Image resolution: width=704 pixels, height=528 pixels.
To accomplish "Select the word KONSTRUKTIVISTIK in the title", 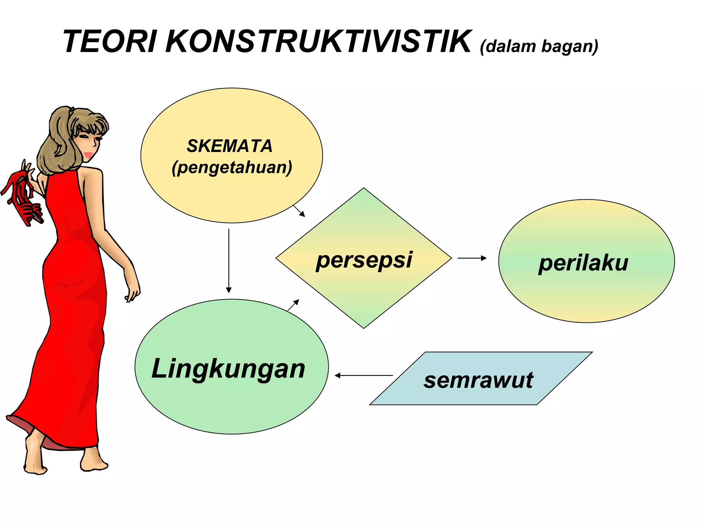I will pyautogui.click(x=318, y=42).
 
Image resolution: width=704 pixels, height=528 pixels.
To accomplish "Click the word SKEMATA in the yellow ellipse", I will pyautogui.click(x=230, y=146).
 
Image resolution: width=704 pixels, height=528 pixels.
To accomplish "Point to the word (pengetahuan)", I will pyautogui.click(x=232, y=167).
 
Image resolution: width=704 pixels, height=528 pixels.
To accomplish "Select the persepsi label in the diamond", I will pyautogui.click(x=364, y=260).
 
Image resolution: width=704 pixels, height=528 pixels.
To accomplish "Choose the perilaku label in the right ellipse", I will pyautogui.click(x=583, y=263).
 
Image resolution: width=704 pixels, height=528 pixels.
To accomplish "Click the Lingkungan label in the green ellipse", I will pyautogui.click(x=229, y=369).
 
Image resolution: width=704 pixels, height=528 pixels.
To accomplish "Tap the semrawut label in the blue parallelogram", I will pyautogui.click(x=478, y=380).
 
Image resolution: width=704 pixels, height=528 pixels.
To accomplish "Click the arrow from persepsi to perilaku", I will pyautogui.click(x=472, y=258).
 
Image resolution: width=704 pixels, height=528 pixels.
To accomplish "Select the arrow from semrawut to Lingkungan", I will pyautogui.click(x=364, y=375).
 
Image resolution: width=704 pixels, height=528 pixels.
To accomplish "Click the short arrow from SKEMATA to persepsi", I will pyautogui.click(x=299, y=211).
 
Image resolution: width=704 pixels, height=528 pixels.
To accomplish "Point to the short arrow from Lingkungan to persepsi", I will pyautogui.click(x=293, y=305).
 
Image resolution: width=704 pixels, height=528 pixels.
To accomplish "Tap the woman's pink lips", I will pyautogui.click(x=88, y=155).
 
